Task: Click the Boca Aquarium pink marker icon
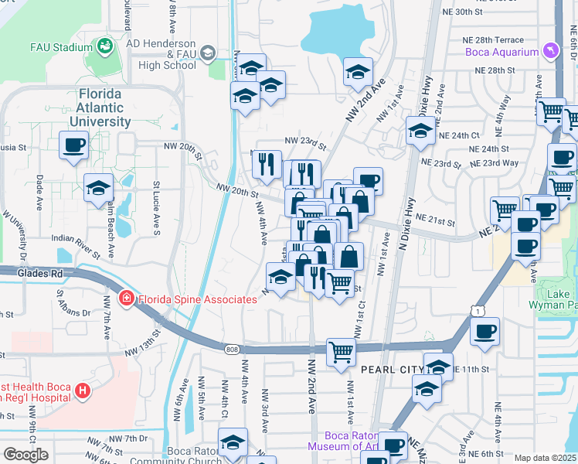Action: tap(550, 51)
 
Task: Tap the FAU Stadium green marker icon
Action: tap(104, 46)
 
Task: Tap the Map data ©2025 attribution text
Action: tap(546, 458)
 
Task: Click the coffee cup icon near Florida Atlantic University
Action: tap(73, 145)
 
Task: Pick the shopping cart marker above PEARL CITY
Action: tap(340, 352)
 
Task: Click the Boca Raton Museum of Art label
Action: tap(343, 441)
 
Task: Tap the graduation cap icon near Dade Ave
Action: tap(99, 188)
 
